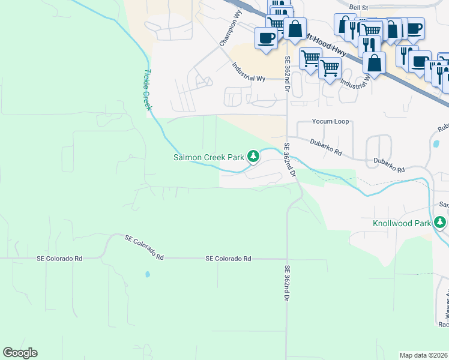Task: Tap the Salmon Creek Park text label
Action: pos(208,157)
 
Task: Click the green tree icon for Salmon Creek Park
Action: pos(254,157)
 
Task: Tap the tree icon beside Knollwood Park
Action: pos(441,223)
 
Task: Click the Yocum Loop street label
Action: pos(330,121)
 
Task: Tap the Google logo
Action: pos(20,353)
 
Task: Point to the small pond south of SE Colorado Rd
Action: pos(148,275)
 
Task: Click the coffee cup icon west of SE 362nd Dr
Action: pos(266,38)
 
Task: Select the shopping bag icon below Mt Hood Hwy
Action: pos(374,62)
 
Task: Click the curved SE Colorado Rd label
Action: pos(144,247)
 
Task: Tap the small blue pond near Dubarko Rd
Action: pos(436,144)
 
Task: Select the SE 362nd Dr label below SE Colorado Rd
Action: pos(287,283)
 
